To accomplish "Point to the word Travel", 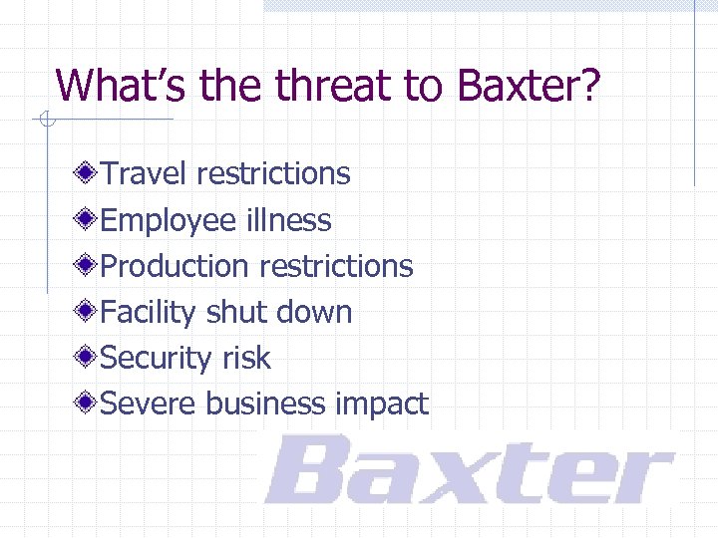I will click(146, 173).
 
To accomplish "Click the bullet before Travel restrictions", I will click(89, 173).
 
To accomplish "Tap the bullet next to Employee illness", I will click(89, 220).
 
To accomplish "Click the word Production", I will click(175, 266).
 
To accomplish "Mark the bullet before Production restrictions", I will click(89, 266).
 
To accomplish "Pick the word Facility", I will click(149, 312).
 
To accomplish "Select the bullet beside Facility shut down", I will click(89, 312).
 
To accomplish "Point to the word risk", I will click(246, 358).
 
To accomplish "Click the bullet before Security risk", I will click(89, 358).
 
